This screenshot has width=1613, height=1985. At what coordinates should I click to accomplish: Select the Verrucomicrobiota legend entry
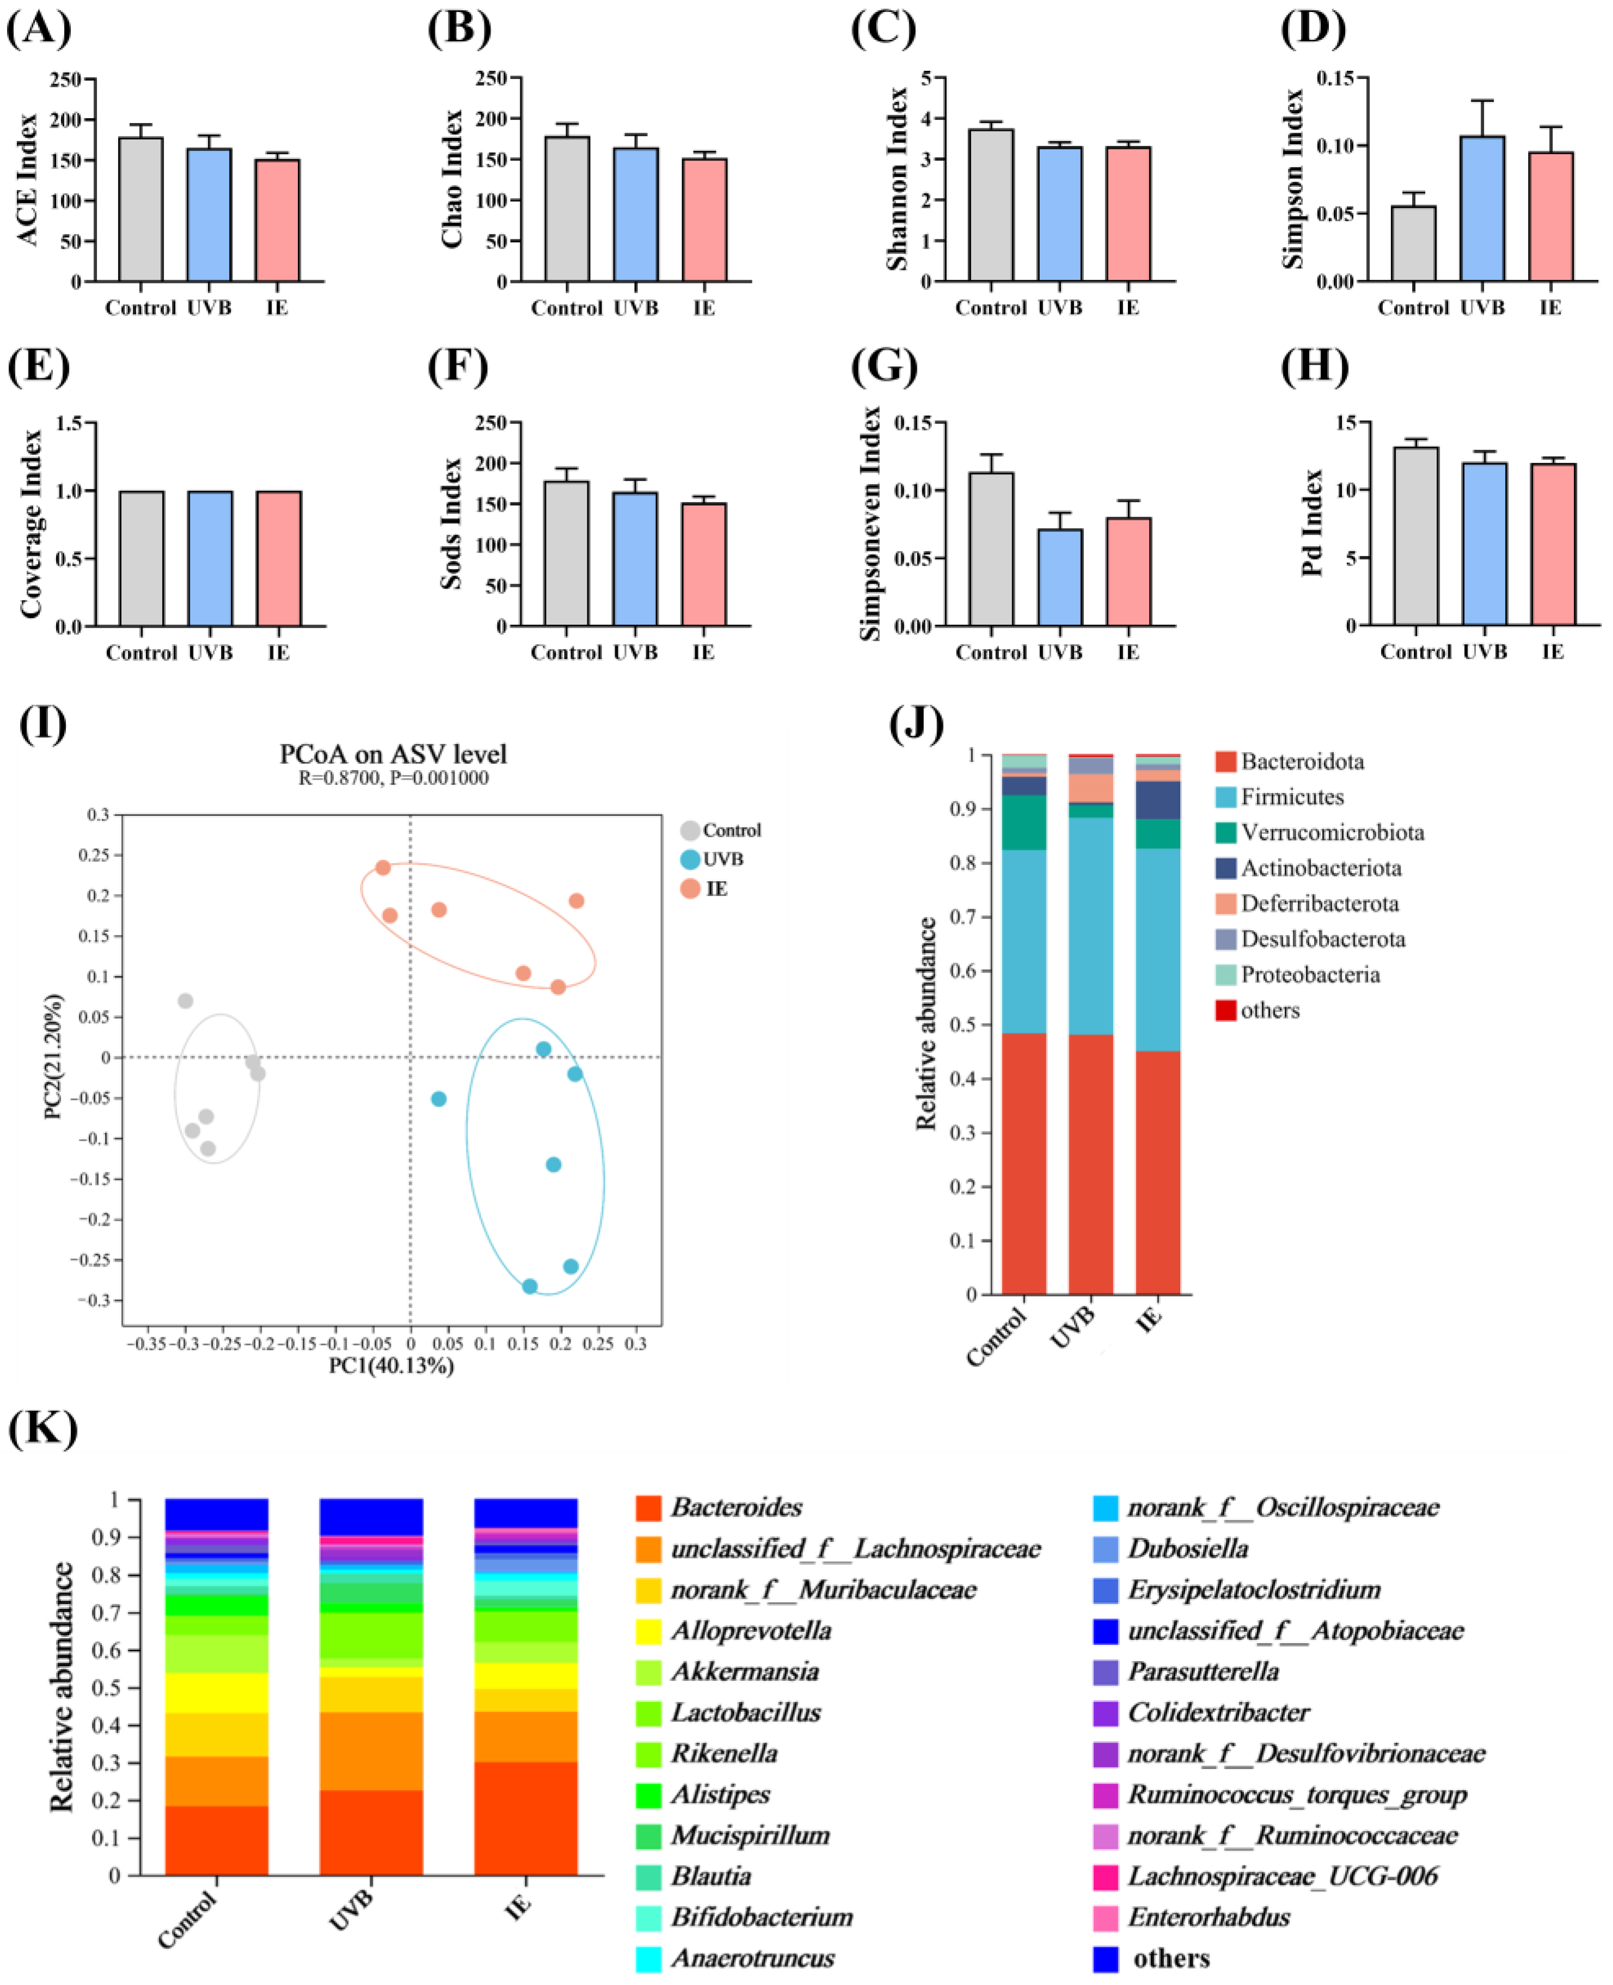[x=1332, y=832]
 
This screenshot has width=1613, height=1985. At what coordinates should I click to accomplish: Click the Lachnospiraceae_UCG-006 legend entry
[x=1282, y=1876]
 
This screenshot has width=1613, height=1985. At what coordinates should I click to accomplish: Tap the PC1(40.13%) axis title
[x=391, y=1366]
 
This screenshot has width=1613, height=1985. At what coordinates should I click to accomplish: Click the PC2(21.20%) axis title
[x=54, y=1056]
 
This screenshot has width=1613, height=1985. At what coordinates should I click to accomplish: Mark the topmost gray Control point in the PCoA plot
[x=185, y=1000]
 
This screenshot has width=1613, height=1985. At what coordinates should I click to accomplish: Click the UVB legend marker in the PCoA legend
[x=689, y=859]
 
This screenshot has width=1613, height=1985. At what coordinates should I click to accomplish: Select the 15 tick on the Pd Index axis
[x=1346, y=423]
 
